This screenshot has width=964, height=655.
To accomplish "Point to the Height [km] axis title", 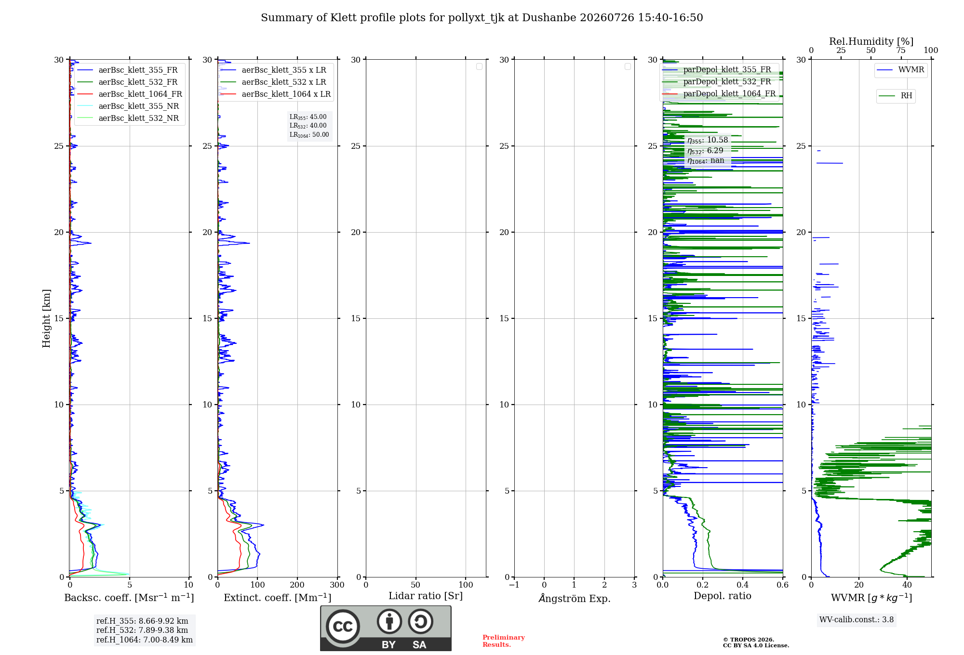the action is pos(46,318).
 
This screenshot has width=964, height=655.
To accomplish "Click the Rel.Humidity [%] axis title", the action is pos(871,41).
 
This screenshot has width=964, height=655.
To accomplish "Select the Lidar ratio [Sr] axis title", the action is pos(426,596).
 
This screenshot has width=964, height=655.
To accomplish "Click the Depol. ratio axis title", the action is pos(723,596).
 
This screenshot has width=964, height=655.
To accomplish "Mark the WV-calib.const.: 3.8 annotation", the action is pos(857,620).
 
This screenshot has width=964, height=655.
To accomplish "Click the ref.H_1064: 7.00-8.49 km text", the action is pos(145,640).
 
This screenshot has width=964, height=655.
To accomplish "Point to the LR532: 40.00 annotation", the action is pos(308,126).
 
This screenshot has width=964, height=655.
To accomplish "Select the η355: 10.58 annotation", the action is pos(708,140).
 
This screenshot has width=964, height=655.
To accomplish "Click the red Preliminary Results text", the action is pos(504,641).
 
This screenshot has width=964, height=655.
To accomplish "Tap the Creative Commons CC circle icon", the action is pos(343,627).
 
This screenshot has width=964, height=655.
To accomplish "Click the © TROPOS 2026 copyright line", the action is pos(749,640).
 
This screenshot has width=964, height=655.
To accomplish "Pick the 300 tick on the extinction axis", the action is pos(337,585).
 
